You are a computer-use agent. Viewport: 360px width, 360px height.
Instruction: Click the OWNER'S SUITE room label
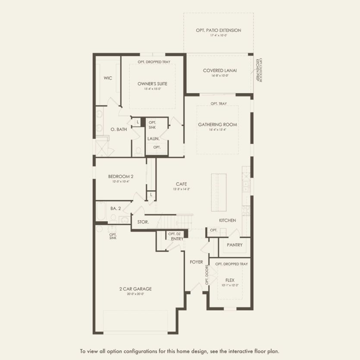tap(152, 84)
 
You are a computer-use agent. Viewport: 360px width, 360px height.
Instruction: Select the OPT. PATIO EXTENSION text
tap(218, 30)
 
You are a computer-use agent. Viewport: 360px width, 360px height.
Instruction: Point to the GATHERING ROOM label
tap(217, 125)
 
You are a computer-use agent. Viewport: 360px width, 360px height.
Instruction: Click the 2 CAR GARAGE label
tap(136, 289)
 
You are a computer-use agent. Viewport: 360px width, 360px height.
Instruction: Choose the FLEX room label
tap(229, 280)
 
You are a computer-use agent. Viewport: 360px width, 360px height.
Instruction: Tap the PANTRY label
tap(235, 245)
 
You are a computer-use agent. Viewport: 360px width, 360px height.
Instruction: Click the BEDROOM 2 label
tap(121, 176)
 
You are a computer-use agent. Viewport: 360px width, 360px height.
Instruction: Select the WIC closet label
tap(108, 78)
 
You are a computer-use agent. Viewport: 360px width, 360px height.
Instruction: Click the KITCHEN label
tap(227, 220)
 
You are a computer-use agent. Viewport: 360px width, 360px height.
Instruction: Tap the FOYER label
tap(196, 262)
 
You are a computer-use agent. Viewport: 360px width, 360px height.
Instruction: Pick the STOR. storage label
tap(143, 222)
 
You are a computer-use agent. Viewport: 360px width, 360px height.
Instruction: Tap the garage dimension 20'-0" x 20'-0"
tap(136, 294)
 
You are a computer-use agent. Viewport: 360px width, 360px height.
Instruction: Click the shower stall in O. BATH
tap(103, 147)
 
